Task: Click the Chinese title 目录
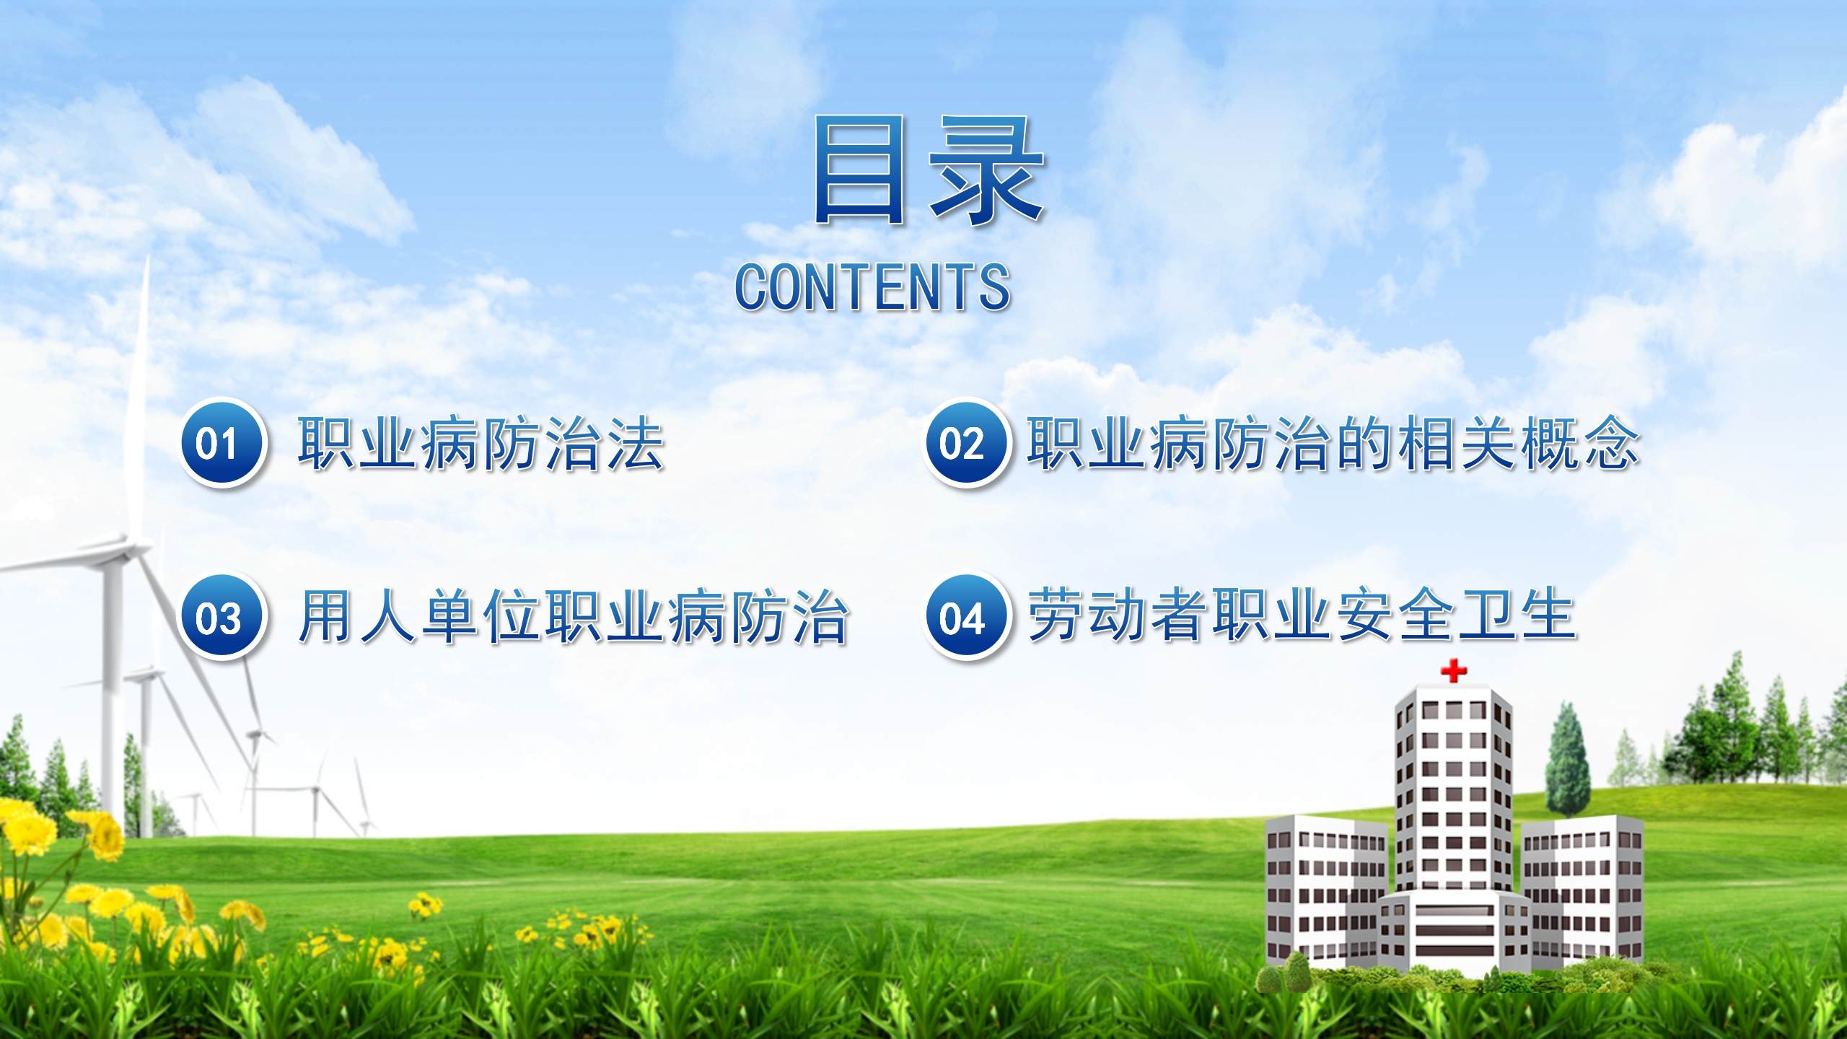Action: [929, 170]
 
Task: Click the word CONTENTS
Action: [872, 287]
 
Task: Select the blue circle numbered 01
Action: [222, 442]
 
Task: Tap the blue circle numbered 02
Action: [966, 442]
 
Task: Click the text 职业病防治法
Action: [481, 444]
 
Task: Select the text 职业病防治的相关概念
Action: [1333, 444]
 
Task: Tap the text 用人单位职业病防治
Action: [574, 616]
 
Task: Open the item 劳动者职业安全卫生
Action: [1302, 614]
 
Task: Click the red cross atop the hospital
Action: [1454, 670]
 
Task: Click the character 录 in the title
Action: [987, 170]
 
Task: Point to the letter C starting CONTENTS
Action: [752, 287]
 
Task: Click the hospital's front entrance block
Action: [1455, 931]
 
